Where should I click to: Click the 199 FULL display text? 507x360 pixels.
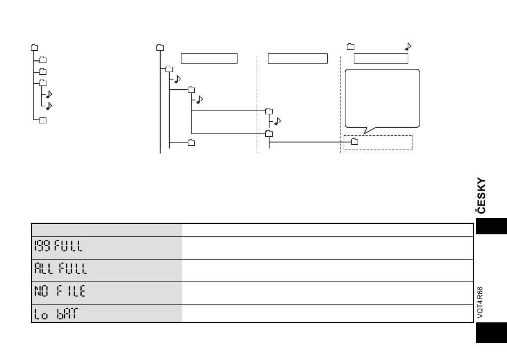[x=59, y=246]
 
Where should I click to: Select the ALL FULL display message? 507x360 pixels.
[x=61, y=269]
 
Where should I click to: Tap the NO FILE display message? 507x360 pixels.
[x=60, y=291]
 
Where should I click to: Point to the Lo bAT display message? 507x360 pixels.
[x=56, y=314]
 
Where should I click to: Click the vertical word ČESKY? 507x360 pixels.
[x=481, y=195]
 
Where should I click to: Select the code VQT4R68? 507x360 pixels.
[x=480, y=302]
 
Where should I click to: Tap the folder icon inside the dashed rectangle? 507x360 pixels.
[x=355, y=142]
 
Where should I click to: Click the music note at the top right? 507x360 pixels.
[x=408, y=46]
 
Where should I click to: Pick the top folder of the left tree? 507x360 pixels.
[x=34, y=48]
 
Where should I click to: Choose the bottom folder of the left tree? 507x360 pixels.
[x=43, y=120]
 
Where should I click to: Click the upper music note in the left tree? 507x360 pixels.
[x=49, y=94]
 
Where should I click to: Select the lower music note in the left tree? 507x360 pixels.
[x=49, y=106]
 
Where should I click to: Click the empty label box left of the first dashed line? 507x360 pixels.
[x=209, y=59]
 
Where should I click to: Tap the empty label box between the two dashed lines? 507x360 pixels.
[x=298, y=59]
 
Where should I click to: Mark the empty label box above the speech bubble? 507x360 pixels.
[x=381, y=59]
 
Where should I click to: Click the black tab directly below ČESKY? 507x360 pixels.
[x=492, y=226]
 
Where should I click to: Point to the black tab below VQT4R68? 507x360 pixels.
[x=492, y=332]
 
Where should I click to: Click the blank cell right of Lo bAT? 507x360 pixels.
[x=328, y=314]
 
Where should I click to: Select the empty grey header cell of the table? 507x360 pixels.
[x=107, y=230]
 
